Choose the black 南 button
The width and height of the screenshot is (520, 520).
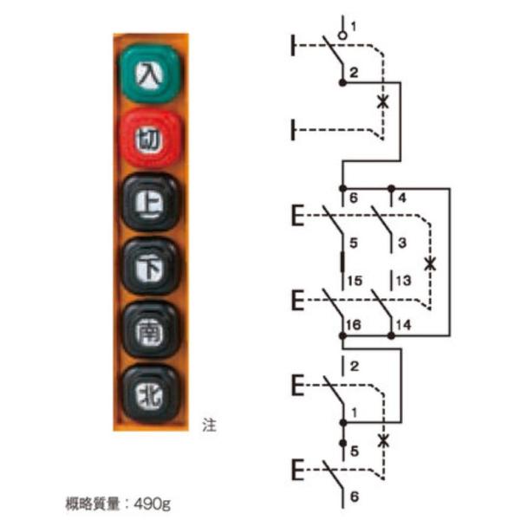(x=150, y=331)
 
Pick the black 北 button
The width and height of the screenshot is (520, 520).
(x=150, y=395)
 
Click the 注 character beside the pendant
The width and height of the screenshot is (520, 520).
(x=208, y=426)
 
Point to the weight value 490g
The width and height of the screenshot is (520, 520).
(x=151, y=502)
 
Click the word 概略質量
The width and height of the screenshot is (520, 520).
(x=93, y=502)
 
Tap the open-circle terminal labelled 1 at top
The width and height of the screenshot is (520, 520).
(x=344, y=35)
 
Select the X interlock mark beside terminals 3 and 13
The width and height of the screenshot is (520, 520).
(x=431, y=263)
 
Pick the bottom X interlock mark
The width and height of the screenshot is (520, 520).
(x=384, y=440)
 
